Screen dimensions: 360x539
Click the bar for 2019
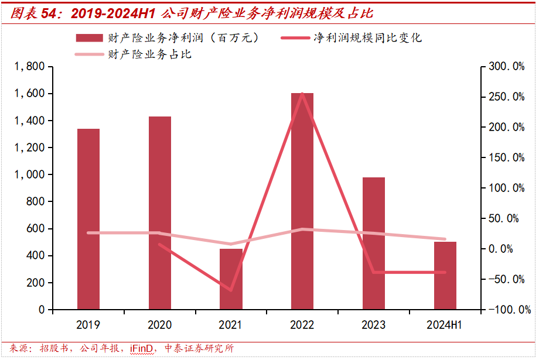(88, 219)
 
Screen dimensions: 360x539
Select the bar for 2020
(160, 213)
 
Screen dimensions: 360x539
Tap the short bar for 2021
(231, 279)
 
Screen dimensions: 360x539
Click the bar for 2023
(374, 243)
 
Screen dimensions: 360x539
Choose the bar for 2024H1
(445, 276)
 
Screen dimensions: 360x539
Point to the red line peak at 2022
(302, 93)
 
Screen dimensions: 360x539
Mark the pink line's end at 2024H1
(445, 239)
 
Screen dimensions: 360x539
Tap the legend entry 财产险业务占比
(150, 54)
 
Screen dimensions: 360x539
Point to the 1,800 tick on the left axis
(29, 67)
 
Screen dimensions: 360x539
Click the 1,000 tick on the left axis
(29, 174)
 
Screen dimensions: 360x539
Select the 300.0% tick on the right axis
(507, 67)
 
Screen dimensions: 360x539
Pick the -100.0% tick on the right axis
(507, 310)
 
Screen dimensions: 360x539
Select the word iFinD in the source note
(141, 349)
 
